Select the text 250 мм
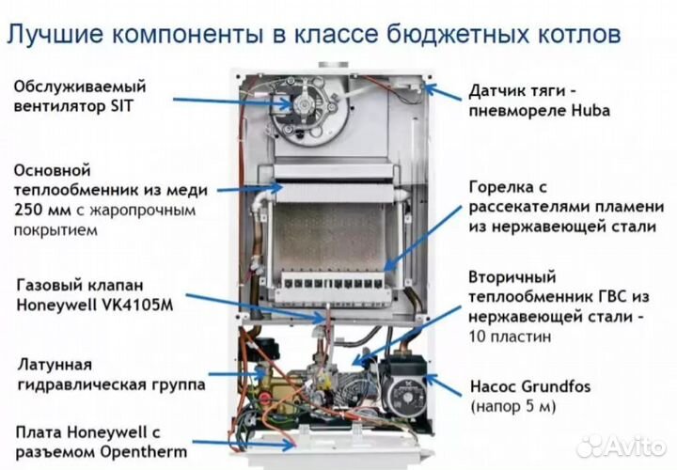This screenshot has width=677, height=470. tap(43, 210)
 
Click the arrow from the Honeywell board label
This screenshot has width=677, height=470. tap(244, 440)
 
